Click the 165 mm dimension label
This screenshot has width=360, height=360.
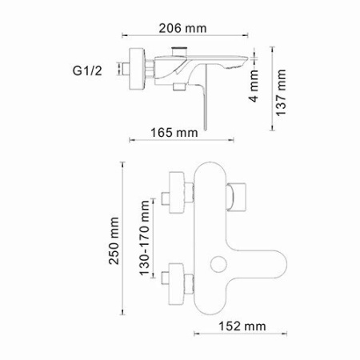(170, 131)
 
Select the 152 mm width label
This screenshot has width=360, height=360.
(242, 326)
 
